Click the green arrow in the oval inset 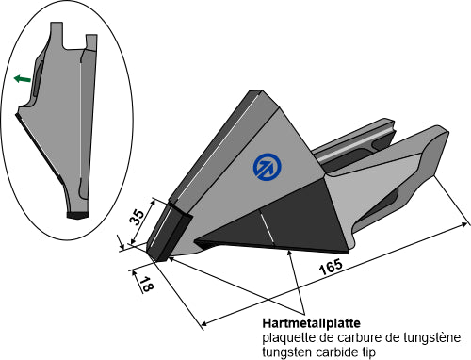pyautogui.click(x=23, y=78)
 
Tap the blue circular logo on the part pyautogui.click(x=267, y=167)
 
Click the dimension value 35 pyautogui.click(x=138, y=217)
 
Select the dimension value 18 pyautogui.click(x=146, y=285)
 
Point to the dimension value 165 pyautogui.click(x=331, y=267)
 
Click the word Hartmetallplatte pyautogui.click(x=312, y=323)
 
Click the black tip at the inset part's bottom pyautogui.click(x=77, y=215)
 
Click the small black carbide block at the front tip pyautogui.click(x=168, y=233)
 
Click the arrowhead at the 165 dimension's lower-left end pyautogui.click(x=205, y=322)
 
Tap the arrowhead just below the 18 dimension pyautogui.click(x=135, y=273)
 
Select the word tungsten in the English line pyautogui.click(x=287, y=352)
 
